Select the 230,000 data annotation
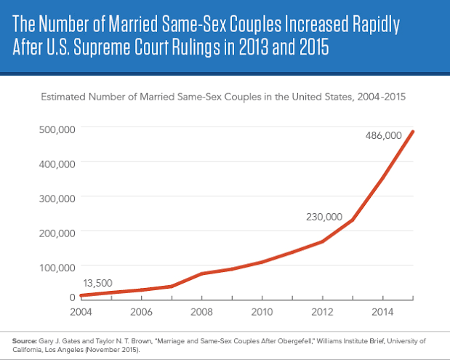click(321, 217)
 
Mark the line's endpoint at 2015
click(414, 132)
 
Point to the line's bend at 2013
click(353, 220)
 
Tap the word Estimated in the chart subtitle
click(63, 96)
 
